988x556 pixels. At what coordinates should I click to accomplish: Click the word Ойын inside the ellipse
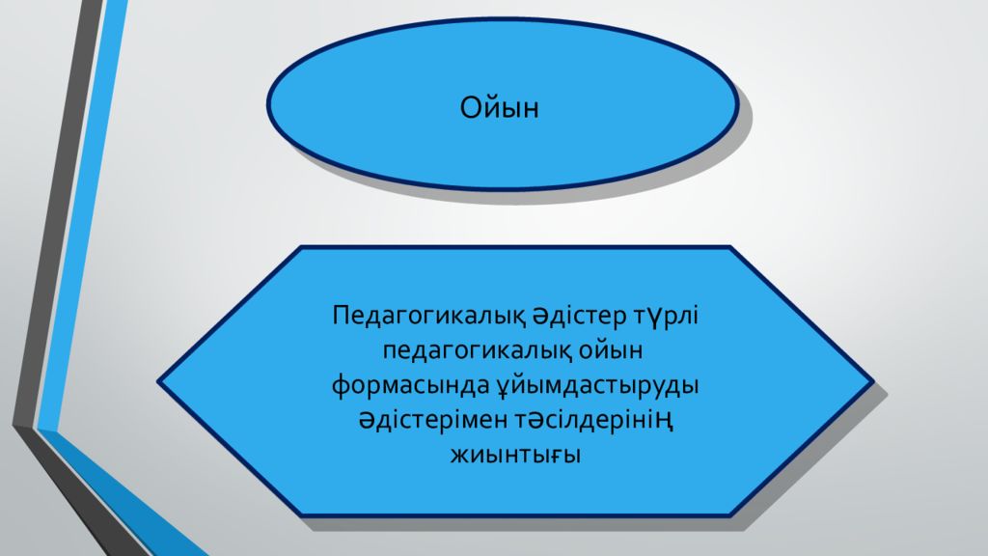(499, 107)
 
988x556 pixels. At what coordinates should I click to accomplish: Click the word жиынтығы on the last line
(515, 454)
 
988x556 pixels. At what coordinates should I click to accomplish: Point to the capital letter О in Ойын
(471, 107)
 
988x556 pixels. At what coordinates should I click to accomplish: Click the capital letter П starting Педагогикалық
(341, 317)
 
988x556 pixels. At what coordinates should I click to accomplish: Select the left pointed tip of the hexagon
(159, 382)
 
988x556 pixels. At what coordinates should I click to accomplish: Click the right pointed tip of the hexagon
(873, 382)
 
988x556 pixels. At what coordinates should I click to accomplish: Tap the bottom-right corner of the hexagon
(730, 515)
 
